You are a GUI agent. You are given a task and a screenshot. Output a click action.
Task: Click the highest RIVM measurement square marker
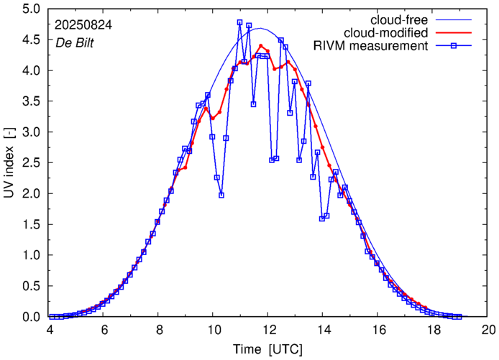tap(239, 22)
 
